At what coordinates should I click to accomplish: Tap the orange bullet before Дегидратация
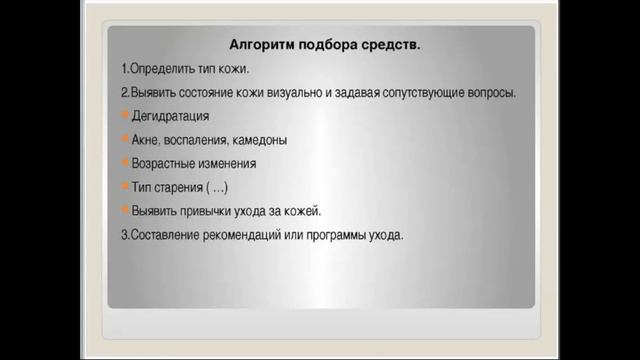pyautogui.click(x=124, y=117)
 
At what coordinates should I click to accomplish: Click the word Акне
pyautogui.click(x=146, y=141)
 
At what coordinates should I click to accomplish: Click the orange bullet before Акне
pyautogui.click(x=124, y=141)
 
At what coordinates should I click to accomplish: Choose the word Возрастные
pyautogui.click(x=165, y=164)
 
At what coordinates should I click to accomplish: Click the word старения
pyautogui.click(x=179, y=188)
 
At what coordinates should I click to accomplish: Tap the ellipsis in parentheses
pyautogui.click(x=221, y=188)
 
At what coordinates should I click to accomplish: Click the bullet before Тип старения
pyautogui.click(x=124, y=188)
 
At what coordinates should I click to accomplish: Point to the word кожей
pyautogui.click(x=302, y=212)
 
